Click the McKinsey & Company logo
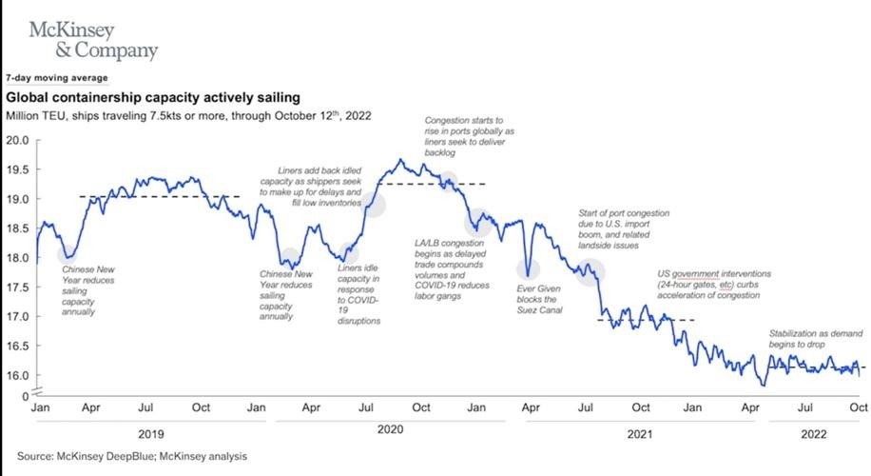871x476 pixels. pyautogui.click(x=93, y=39)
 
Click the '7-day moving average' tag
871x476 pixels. pyautogui.click(x=57, y=78)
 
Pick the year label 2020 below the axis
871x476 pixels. pyautogui.click(x=390, y=429)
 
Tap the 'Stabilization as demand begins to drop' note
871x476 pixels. pyautogui.click(x=816, y=339)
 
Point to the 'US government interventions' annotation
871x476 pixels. pyautogui.click(x=713, y=285)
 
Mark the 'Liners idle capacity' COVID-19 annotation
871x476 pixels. pyautogui.click(x=359, y=295)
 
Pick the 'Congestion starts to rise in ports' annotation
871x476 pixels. pyautogui.click(x=469, y=137)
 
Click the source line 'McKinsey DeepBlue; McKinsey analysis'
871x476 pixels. pyautogui.click(x=132, y=457)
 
